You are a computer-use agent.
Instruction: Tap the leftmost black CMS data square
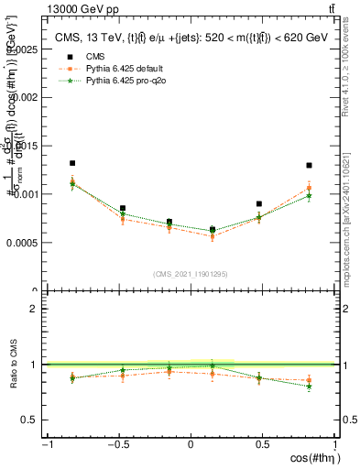coord(72,163)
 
